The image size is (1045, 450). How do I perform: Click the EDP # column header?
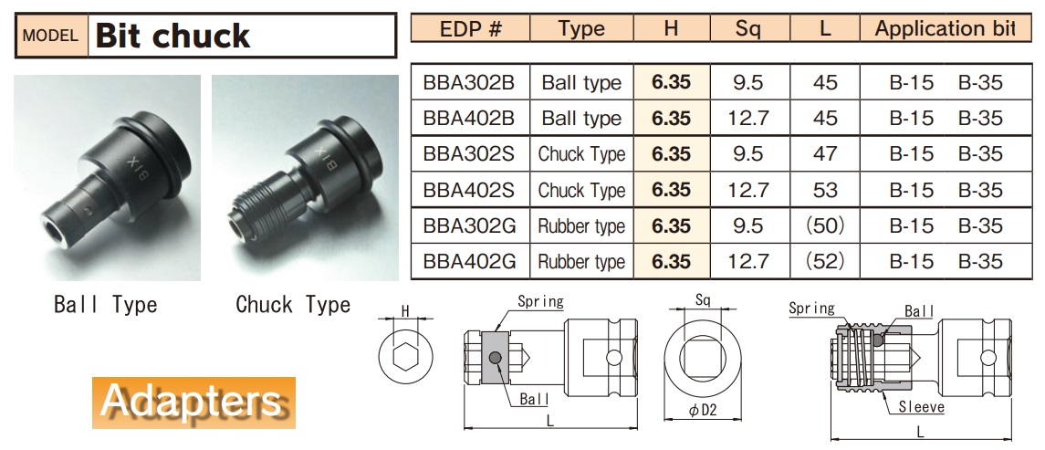pos(470,29)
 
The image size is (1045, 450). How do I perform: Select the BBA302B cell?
pos(469,83)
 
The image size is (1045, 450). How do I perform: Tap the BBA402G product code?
pos(469,262)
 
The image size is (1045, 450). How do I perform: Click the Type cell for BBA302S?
pos(581,154)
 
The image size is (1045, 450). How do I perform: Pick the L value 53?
pos(824,190)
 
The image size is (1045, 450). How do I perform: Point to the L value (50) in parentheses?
pos(824,226)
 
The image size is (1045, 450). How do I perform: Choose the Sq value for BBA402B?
pos(747,119)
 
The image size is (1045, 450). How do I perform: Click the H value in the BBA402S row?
pos(671,190)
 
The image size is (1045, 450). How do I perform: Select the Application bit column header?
pos(944,29)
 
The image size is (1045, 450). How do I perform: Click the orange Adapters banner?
pos(193,402)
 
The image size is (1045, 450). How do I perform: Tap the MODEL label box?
pos(51,37)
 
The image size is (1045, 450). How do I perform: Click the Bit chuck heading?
pos(172,37)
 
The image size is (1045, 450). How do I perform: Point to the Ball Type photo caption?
pos(105,305)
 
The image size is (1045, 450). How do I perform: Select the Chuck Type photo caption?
pos(292,305)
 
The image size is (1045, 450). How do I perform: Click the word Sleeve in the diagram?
pos(921,407)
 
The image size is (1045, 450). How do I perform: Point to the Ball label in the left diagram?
pos(534,399)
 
